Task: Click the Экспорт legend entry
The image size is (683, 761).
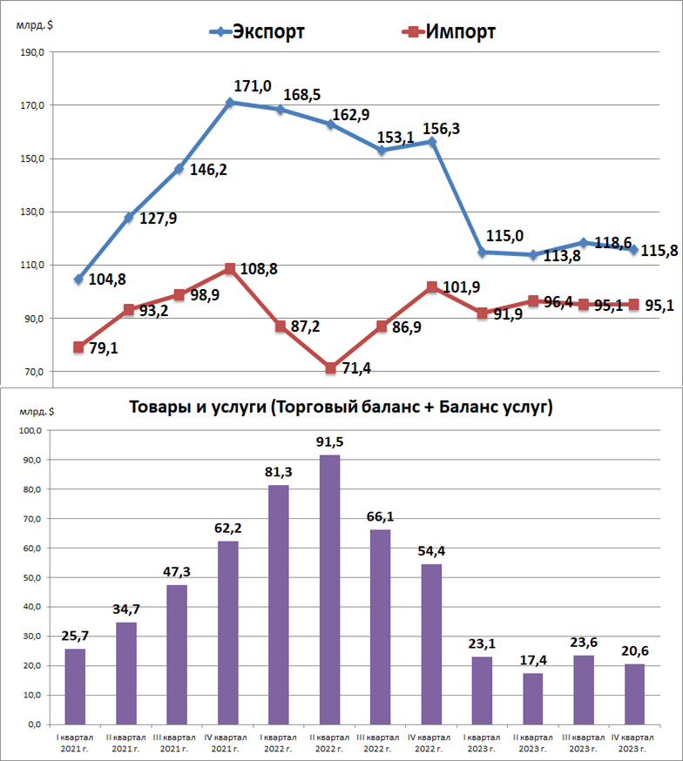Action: click(258, 32)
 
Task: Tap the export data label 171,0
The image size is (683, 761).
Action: click(253, 86)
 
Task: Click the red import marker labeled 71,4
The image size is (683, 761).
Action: click(331, 368)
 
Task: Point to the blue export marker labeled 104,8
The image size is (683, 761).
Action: click(78, 279)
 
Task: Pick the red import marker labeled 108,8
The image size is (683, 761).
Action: click(230, 269)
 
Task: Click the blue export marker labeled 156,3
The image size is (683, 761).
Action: click(432, 141)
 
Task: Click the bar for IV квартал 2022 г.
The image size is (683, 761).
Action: click(431, 643)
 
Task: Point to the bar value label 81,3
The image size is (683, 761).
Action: click(279, 470)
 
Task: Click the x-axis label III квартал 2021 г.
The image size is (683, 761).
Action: click(176, 742)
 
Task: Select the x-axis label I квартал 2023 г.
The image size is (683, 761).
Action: click(482, 742)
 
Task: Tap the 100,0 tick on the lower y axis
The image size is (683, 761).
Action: click(31, 430)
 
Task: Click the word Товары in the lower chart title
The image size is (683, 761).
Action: click(159, 407)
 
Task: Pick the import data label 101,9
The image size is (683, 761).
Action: click(462, 286)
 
